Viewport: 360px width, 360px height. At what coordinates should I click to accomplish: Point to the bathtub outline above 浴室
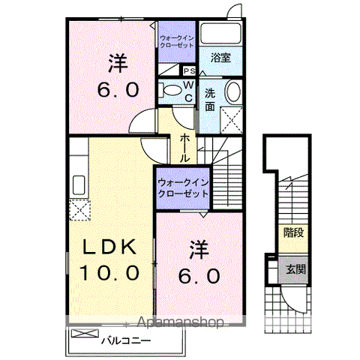click(220, 34)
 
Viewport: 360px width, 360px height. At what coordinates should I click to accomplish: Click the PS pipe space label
click(188, 71)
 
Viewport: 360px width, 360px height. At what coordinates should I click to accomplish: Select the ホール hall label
click(184, 148)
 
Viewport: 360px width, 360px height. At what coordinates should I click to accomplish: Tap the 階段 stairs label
click(293, 232)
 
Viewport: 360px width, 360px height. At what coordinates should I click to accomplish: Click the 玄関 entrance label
click(293, 269)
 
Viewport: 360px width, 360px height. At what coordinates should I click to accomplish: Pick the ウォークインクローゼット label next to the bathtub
click(177, 40)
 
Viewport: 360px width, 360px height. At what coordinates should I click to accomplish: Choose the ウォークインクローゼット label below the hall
click(183, 187)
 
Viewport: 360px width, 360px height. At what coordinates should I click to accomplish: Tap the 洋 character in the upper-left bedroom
click(116, 60)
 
